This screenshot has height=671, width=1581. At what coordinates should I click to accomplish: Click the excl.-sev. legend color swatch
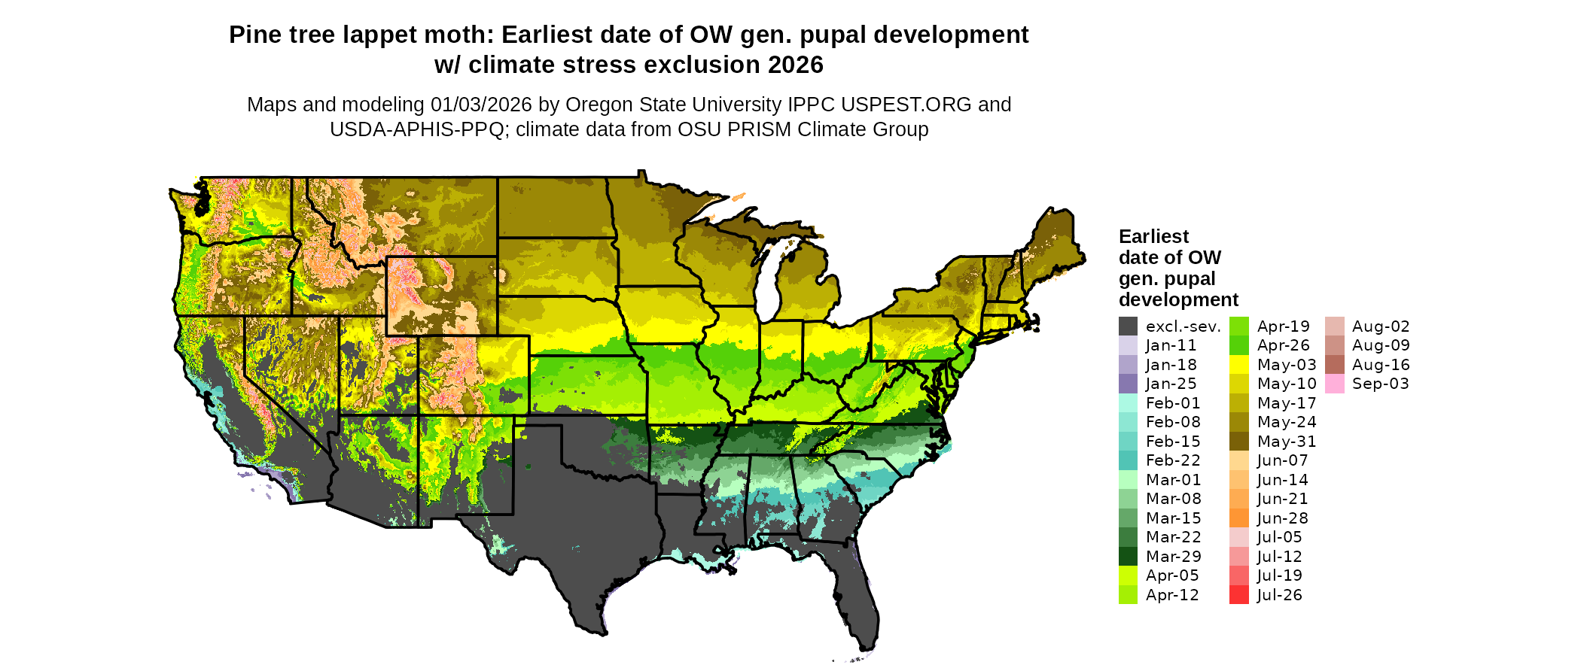[1128, 326]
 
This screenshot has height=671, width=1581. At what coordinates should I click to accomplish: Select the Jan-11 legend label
[1171, 345]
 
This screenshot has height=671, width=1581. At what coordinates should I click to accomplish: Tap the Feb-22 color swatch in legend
[1128, 460]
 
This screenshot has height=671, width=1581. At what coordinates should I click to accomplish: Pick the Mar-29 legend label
[1173, 557]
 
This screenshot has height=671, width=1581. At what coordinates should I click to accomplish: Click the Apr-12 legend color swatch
[1128, 595]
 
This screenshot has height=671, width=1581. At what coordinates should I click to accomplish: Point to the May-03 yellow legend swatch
[1238, 365]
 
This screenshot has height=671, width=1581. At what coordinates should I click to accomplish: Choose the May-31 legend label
[1286, 442]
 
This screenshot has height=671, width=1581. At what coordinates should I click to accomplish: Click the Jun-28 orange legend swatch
[1238, 518]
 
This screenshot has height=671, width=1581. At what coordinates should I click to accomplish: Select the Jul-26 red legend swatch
[1238, 595]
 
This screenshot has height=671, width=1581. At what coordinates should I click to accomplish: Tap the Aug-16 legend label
[1381, 365]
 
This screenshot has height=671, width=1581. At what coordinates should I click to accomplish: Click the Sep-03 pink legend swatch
[1334, 384]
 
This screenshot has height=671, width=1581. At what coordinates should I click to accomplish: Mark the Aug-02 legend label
[1381, 326]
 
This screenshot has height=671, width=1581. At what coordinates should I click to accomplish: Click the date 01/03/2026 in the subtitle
[481, 105]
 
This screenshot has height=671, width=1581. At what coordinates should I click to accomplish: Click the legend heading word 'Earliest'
[1153, 237]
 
